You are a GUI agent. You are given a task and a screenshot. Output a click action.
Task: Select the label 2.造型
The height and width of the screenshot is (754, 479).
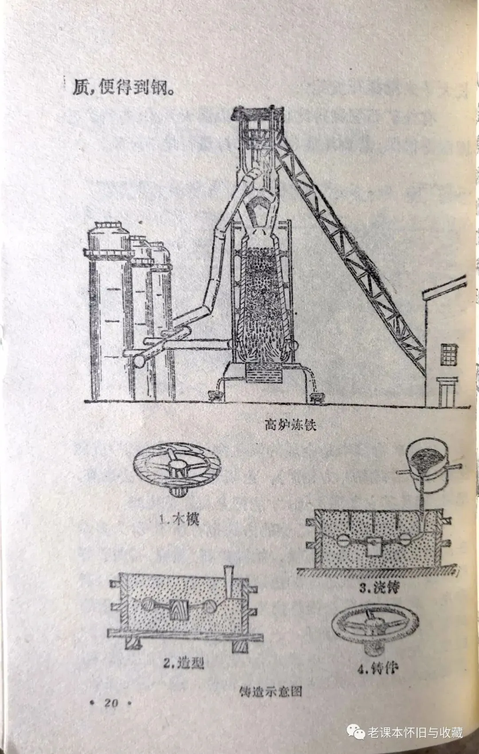[x=184, y=663]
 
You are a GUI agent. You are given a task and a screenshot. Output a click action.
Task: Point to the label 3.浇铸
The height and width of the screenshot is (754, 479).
[x=379, y=588]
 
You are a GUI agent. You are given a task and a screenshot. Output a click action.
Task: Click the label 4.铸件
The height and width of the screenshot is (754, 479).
[x=377, y=668]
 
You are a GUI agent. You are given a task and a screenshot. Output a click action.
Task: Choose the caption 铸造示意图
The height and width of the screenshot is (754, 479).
[x=271, y=691]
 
